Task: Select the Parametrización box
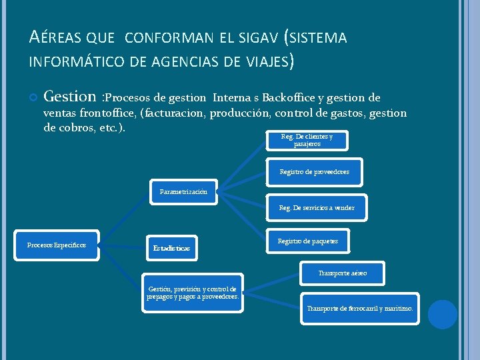[x=183, y=191]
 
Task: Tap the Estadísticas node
[x=171, y=248]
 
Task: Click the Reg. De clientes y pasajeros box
[x=307, y=140]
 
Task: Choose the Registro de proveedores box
[x=314, y=172]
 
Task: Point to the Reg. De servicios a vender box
[x=317, y=208]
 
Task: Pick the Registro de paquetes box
[x=307, y=241]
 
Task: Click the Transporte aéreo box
[x=343, y=273]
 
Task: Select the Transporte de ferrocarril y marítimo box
[x=360, y=309]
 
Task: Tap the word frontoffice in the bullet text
[x=106, y=113]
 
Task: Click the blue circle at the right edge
[x=442, y=314]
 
